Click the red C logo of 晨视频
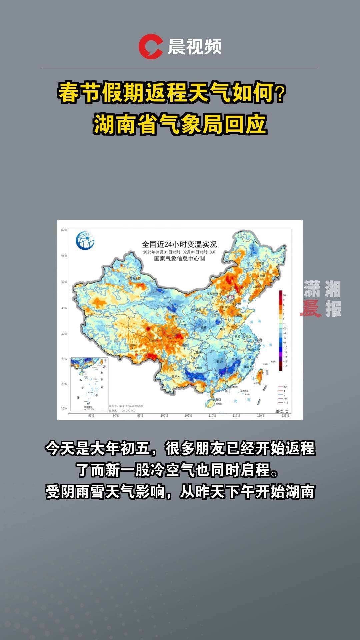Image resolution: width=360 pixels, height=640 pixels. (150, 47)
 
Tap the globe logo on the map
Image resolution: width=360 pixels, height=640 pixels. (85, 240)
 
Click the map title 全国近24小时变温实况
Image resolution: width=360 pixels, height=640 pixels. (179, 244)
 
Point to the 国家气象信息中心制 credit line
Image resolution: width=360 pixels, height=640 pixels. (179, 259)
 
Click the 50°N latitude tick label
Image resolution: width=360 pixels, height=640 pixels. (64, 230)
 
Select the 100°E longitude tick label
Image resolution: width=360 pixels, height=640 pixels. (164, 416)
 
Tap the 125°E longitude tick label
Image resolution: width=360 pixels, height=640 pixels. (285, 416)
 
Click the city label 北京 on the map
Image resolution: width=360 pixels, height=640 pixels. (231, 296)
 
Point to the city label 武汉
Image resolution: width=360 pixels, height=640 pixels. (223, 347)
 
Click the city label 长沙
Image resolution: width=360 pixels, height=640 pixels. (219, 361)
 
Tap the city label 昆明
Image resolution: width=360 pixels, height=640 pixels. (174, 376)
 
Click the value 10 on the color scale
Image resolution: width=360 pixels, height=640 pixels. (284, 295)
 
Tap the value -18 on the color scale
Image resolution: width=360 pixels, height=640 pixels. (285, 366)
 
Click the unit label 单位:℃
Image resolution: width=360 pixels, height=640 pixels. (282, 411)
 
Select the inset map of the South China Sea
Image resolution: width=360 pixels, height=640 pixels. (89, 384)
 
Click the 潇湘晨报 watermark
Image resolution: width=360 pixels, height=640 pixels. (322, 299)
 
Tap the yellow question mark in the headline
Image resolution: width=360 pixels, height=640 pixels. (281, 94)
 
